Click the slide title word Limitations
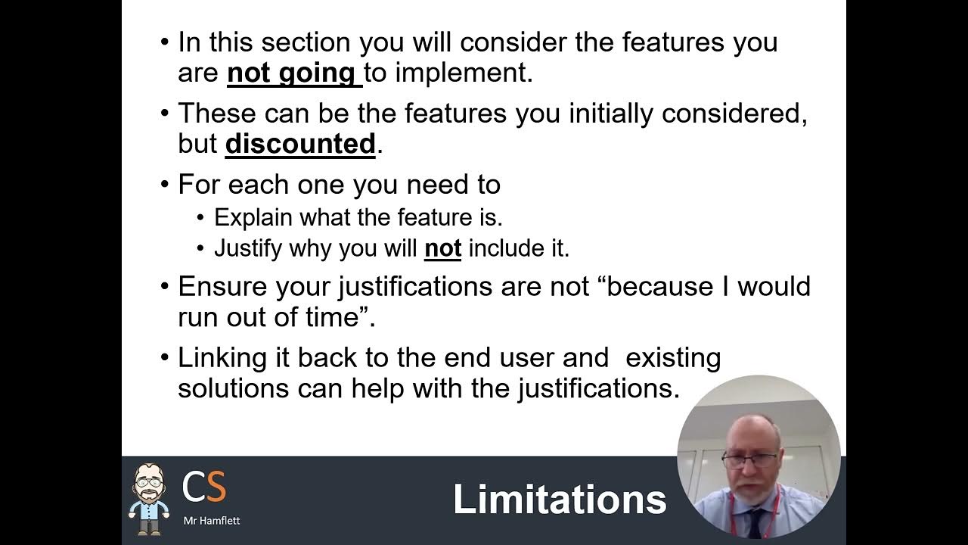pos(560,500)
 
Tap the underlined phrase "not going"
pos(291,73)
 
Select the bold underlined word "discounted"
pos(300,144)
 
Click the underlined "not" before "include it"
pos(442,248)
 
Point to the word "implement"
pos(464,73)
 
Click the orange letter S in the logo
pos(216,487)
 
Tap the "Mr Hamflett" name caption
pos(212,521)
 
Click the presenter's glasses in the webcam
pos(748,459)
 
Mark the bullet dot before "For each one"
pos(165,185)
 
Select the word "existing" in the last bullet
pos(673,358)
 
